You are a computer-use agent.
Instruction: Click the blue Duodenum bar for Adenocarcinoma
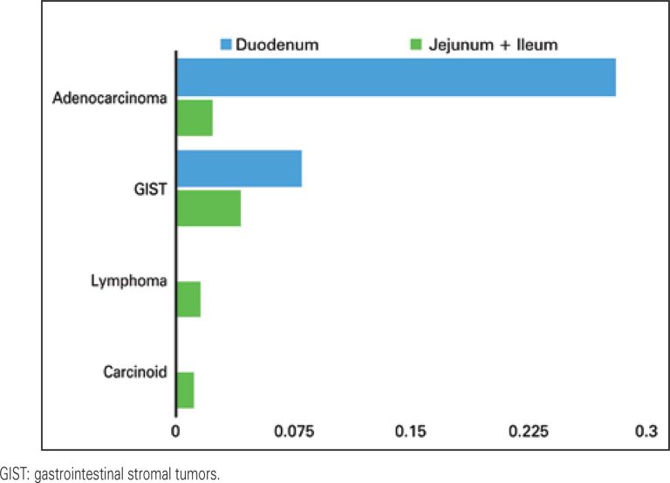click(x=396, y=77)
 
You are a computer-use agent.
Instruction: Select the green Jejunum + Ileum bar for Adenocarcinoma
click(x=195, y=118)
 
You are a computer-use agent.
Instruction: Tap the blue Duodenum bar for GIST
click(x=239, y=169)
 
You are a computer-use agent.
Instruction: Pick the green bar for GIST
click(x=209, y=208)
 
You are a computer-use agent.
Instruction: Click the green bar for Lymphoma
click(x=188, y=300)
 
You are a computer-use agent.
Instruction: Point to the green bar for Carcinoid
click(x=185, y=390)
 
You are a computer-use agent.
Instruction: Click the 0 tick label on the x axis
click(x=175, y=431)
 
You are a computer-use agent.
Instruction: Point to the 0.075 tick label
click(x=293, y=431)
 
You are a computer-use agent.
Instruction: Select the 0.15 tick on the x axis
click(x=410, y=431)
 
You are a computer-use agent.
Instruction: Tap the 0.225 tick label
click(x=529, y=431)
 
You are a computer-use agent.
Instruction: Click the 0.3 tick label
click(x=645, y=431)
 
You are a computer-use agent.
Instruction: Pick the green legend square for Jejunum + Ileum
click(x=415, y=43)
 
